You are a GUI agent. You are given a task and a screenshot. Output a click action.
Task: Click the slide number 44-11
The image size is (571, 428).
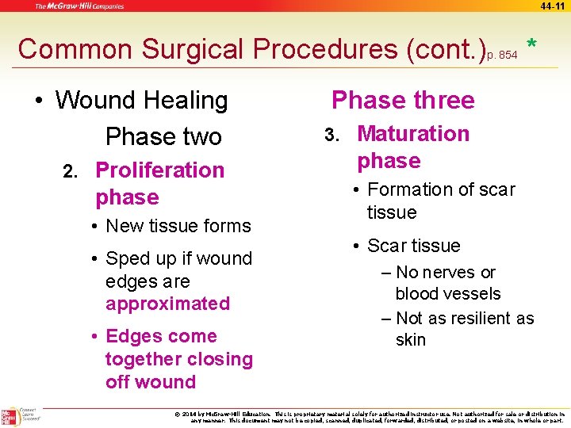[554, 6]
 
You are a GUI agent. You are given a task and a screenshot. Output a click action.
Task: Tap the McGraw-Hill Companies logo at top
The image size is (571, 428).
[79, 6]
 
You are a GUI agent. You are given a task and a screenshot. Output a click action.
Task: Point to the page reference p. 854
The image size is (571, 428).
[502, 55]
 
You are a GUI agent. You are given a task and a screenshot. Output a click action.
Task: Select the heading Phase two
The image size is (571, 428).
[163, 136]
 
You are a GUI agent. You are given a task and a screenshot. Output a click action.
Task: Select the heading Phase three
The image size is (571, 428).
[403, 100]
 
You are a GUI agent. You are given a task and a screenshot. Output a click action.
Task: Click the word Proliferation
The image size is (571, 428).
[159, 170]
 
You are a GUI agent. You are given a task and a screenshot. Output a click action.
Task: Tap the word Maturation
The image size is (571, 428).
[413, 133]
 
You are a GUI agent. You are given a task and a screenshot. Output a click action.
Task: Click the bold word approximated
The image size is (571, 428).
[167, 304]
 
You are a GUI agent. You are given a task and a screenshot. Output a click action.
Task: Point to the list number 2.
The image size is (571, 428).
[70, 171]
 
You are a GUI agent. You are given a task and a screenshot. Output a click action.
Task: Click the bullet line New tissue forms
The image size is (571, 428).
[178, 226]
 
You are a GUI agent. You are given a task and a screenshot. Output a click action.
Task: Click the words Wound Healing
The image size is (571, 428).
[141, 101]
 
